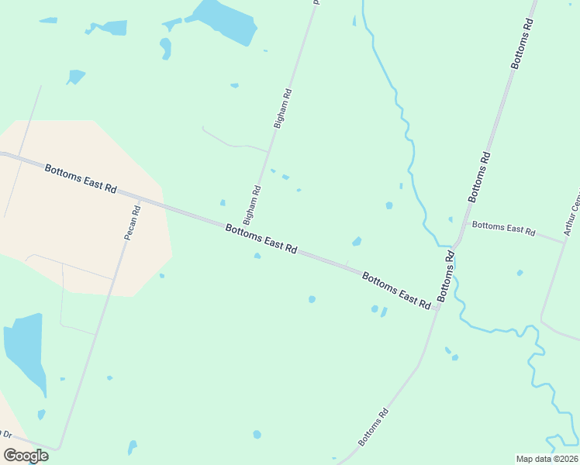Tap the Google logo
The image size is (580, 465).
point(26,456)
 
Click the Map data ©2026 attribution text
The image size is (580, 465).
point(547,459)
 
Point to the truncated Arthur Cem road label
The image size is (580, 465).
point(571,212)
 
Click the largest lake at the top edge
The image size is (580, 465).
point(224,19)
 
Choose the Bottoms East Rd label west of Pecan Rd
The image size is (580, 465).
point(80,178)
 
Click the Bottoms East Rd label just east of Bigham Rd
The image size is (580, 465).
point(261,238)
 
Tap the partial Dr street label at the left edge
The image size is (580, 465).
point(6,434)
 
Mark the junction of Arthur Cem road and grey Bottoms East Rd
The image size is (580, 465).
point(564,242)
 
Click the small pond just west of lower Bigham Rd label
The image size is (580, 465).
point(223,203)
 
